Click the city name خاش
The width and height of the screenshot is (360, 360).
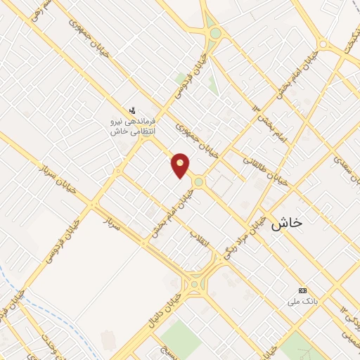pyautogui.click(x=285, y=222)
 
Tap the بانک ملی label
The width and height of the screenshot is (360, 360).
pyautogui.click(x=297, y=302)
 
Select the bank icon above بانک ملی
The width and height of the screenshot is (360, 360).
pyautogui.click(x=303, y=290)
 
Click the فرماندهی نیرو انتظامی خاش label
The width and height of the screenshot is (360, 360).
pyautogui.click(x=134, y=126)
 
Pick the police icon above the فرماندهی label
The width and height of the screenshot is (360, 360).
pyautogui.click(x=133, y=109)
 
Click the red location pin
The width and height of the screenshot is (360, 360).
pyautogui.click(x=181, y=165)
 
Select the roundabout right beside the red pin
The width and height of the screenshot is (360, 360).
pyautogui.click(x=198, y=181)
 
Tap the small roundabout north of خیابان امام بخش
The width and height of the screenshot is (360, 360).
pyautogui.click(x=323, y=44)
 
